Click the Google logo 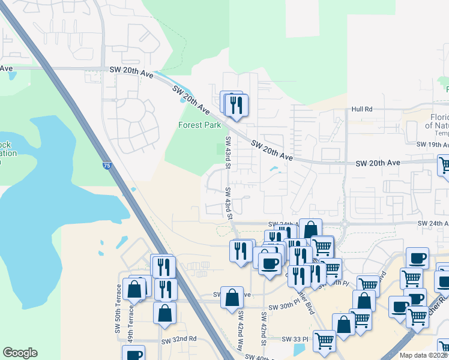point(20,353)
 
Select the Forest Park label point(199,125)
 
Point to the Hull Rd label point(362,109)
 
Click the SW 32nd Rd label point(178,339)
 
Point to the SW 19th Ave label point(432,145)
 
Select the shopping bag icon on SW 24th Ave point(310,229)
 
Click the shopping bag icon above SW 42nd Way point(232,297)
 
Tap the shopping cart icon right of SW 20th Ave point(445,165)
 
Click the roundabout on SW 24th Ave point(345,224)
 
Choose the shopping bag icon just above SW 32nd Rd point(164,313)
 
